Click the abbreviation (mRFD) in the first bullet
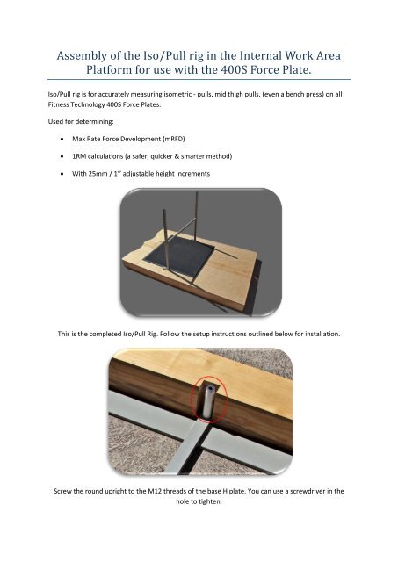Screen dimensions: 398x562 tap(174, 139)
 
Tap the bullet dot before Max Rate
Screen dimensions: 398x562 tap(62, 139)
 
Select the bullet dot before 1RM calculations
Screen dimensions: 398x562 tap(62, 156)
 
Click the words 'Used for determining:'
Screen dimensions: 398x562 tap(81, 122)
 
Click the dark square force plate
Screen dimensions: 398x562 tap(178, 256)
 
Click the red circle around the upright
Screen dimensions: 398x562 tap(210, 400)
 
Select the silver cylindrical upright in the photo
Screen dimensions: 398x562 tap(209, 400)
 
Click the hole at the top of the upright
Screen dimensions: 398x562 tap(211, 388)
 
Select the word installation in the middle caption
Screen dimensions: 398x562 tap(322, 334)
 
